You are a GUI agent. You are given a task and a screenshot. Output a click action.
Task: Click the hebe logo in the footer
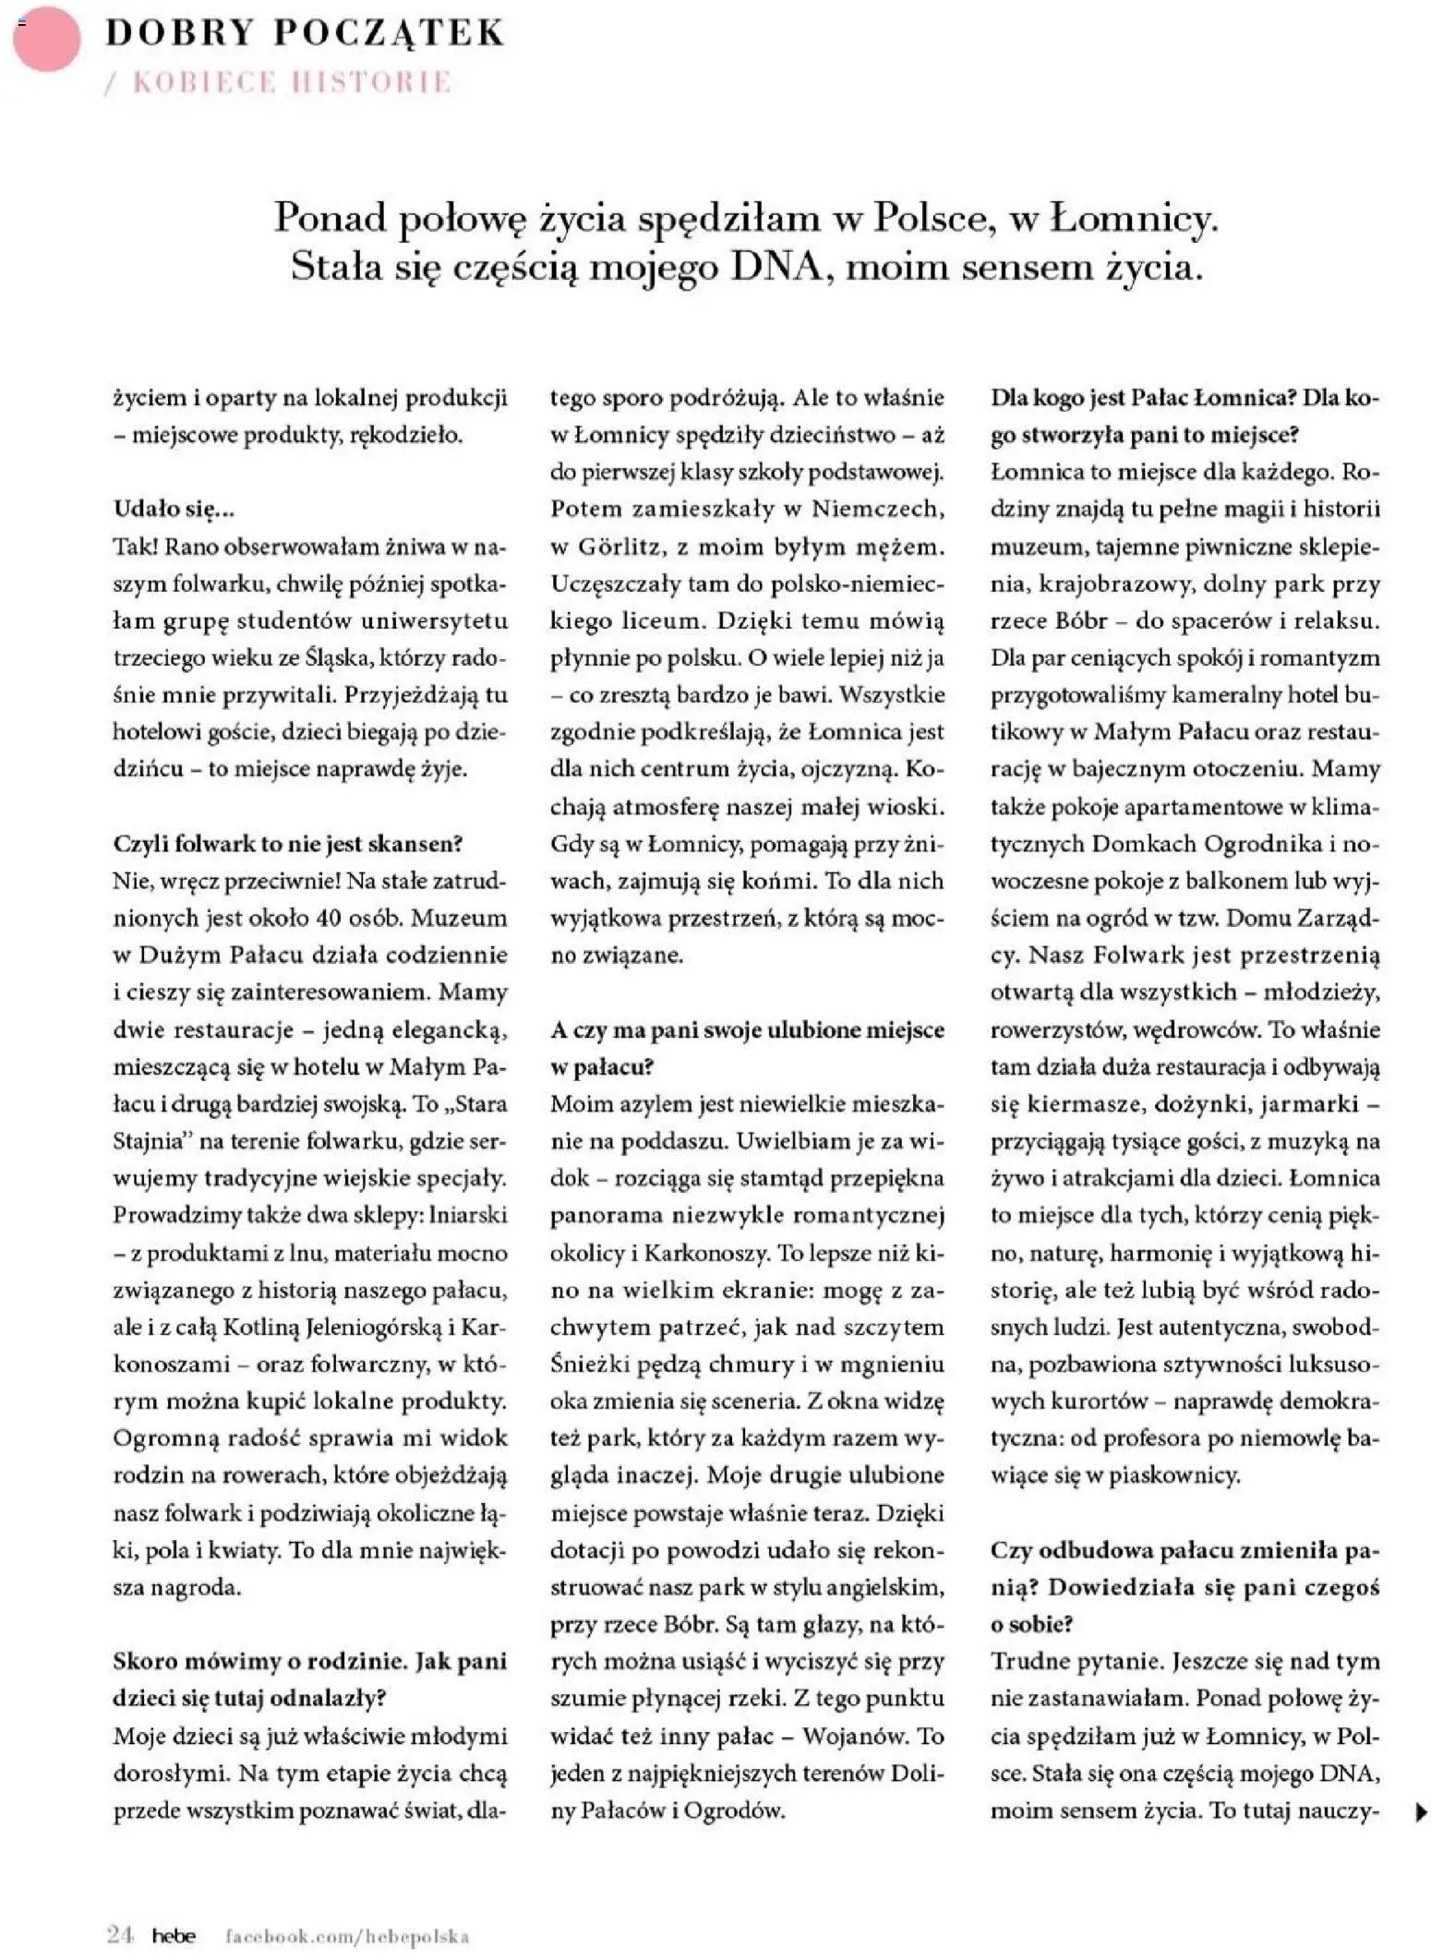click(174, 1935)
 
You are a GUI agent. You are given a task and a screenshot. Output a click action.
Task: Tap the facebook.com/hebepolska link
click(348, 1936)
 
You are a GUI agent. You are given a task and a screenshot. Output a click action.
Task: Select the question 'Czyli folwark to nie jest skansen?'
click(287, 843)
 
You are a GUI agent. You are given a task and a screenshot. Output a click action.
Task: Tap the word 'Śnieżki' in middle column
click(585, 1364)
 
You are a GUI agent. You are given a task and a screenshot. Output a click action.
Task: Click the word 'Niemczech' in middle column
click(877, 509)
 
